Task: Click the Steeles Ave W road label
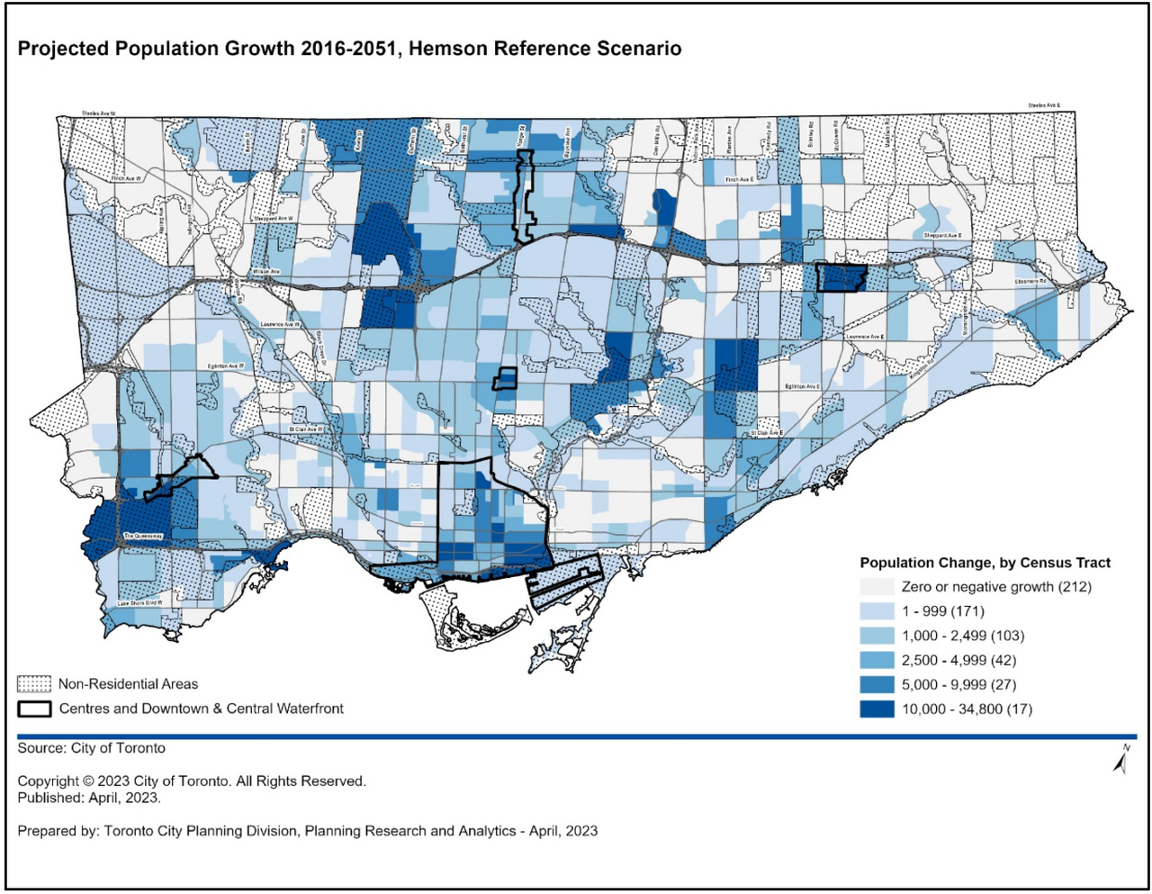(99, 114)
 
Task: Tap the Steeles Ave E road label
(1044, 106)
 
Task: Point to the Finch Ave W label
(126, 179)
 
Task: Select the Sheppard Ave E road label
(941, 236)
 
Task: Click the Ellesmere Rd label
(1030, 282)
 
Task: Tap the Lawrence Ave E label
(864, 338)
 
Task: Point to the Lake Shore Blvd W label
(139, 603)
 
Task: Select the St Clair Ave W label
(305, 430)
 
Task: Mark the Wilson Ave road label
(266, 271)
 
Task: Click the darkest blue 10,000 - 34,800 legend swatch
(877, 709)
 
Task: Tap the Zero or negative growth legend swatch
(877, 587)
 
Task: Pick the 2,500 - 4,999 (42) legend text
(959, 660)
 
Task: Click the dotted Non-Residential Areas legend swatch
(34, 684)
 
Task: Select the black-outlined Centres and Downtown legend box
(34, 709)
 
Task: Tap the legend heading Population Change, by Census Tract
(985, 563)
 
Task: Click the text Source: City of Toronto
(91, 748)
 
